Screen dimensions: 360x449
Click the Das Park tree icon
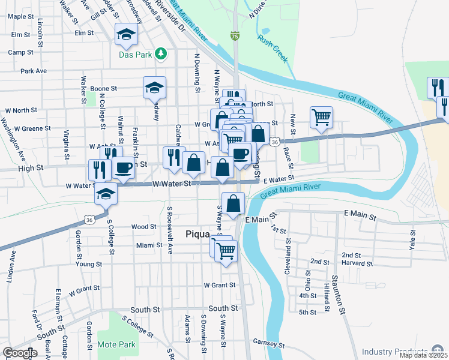tap(160, 55)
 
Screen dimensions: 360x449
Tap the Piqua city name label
tap(197, 233)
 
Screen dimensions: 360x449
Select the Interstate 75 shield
tap(235, 37)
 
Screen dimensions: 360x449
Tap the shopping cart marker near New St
tap(322, 117)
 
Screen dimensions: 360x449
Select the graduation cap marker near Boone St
tap(154, 88)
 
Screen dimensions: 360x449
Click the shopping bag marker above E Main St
tap(232, 203)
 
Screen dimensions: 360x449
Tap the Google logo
tap(20, 352)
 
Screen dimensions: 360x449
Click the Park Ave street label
tap(34, 71)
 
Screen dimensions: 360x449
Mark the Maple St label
tap(21, 16)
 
